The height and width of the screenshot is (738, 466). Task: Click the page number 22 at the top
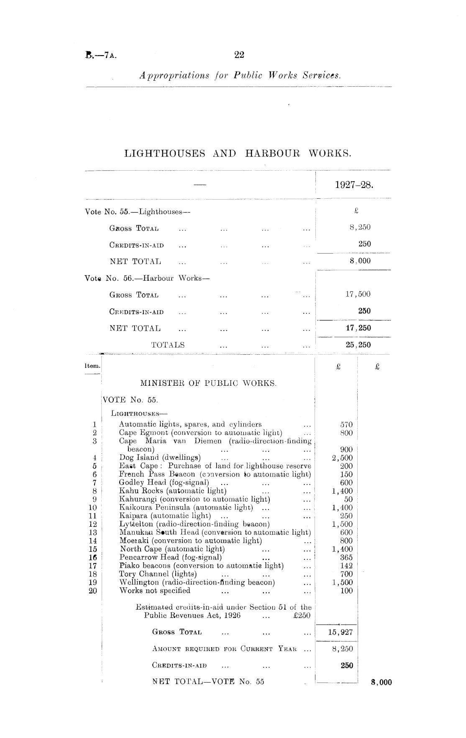click(239, 55)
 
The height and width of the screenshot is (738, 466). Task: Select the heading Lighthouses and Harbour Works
click(238, 154)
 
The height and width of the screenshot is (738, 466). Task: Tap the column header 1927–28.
click(354, 185)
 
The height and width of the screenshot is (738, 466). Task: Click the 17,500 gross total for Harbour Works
click(358, 294)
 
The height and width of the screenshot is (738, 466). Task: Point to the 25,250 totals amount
click(358, 345)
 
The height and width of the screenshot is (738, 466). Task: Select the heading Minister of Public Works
click(208, 383)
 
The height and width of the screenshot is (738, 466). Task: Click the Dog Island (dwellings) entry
click(160, 457)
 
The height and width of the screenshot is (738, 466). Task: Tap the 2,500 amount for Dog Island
click(342, 458)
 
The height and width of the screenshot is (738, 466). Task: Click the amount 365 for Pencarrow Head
click(346, 557)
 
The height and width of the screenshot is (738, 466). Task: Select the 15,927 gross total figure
click(341, 632)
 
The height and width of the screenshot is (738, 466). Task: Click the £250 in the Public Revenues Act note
click(301, 615)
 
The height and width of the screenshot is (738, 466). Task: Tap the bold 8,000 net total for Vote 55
click(382, 682)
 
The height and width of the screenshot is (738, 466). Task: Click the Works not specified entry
click(155, 591)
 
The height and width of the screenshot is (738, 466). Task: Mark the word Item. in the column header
click(92, 366)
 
